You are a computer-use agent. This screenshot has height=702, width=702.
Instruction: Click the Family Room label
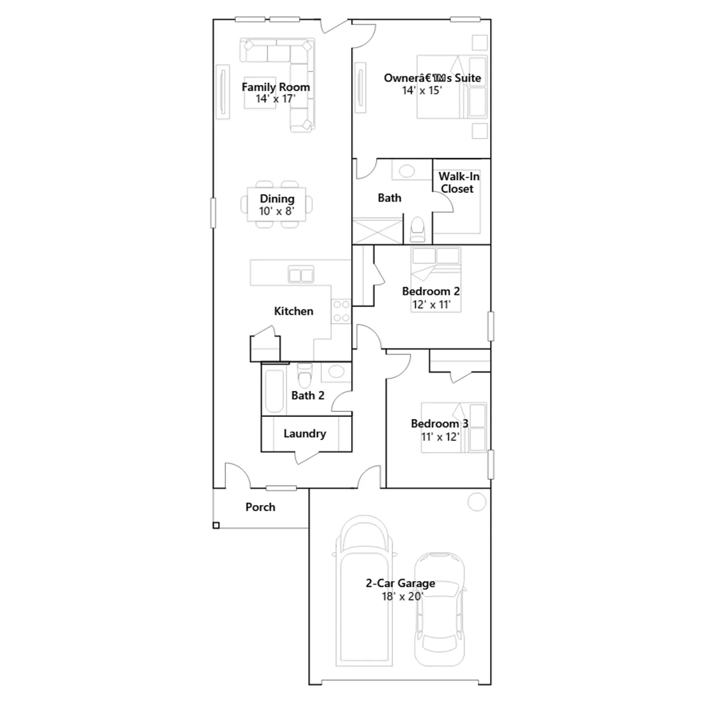point(276,87)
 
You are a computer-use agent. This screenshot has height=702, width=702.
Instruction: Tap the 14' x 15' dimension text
point(422,90)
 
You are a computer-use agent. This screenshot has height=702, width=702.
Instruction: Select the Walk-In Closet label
point(458,183)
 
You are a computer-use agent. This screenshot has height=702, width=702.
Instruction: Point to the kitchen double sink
point(301,275)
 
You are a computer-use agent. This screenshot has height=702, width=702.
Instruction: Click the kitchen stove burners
point(341,311)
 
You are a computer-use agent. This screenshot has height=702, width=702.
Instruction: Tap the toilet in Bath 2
point(304,375)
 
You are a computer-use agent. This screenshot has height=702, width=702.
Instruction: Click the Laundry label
point(304,433)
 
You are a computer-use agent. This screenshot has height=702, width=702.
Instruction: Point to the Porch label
point(260,507)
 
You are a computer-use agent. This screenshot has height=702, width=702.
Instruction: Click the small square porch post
point(216,525)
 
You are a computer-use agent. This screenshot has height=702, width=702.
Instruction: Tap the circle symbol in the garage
point(476,502)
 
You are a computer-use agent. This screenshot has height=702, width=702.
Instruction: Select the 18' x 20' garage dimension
point(402,596)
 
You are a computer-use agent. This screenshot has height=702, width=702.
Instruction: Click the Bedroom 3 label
point(439,423)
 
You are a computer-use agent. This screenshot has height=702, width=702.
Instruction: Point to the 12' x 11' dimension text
point(431,304)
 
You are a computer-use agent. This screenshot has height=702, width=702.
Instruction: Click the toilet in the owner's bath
point(417,229)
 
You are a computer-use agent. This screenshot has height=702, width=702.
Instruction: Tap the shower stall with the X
point(377,231)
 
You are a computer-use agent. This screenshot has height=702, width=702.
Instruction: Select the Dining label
point(277,199)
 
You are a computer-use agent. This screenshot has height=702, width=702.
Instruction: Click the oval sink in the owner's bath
point(407,171)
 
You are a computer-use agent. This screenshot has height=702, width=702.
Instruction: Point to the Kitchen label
point(294,311)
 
